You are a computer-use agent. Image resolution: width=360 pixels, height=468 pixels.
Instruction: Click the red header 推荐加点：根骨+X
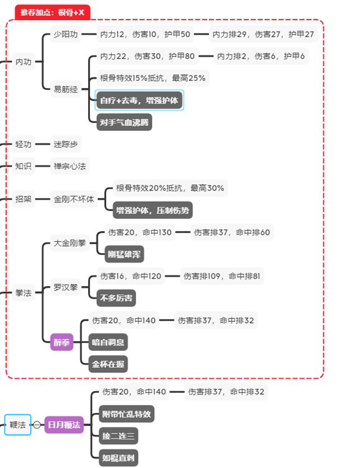52,12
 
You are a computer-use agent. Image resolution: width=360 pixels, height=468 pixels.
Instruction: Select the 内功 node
23,61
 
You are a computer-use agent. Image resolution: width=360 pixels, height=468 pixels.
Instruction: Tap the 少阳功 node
65,34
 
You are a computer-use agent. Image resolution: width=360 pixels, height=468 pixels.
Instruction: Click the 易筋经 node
65,89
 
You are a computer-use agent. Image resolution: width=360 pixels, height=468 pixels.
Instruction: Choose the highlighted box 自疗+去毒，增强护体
139,101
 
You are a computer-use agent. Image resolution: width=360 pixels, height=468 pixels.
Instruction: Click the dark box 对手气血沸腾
124,122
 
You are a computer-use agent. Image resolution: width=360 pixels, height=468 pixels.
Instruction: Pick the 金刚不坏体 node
74,199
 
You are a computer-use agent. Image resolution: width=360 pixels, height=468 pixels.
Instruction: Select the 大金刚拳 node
70,243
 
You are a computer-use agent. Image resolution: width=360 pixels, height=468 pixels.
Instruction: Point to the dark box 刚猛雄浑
124,254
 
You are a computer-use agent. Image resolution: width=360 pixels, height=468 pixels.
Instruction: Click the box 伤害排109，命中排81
222,275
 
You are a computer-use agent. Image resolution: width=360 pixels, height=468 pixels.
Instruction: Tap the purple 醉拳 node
62,342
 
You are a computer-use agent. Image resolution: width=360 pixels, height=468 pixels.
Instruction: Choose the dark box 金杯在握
109,363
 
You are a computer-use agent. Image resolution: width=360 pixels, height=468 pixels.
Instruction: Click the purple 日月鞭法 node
64,425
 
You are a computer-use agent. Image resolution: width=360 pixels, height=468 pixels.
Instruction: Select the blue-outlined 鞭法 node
18,425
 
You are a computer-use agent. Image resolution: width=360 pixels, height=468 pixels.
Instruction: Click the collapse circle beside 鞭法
37,425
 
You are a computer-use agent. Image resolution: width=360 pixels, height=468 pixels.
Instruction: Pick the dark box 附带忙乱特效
126,414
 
